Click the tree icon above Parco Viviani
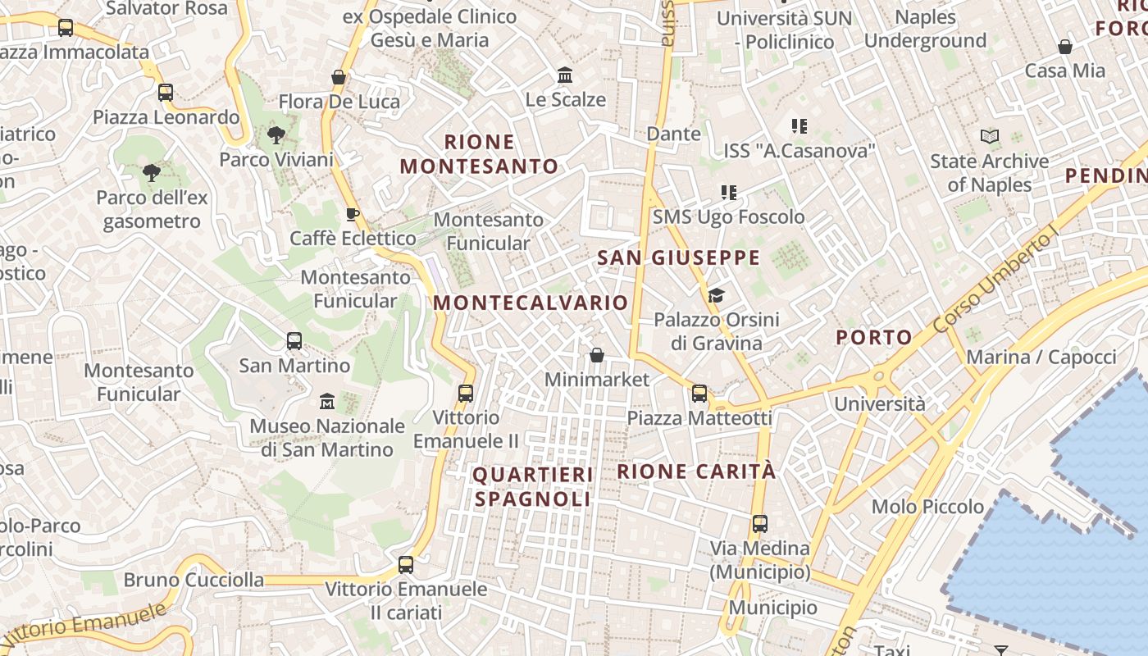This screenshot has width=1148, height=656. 276,135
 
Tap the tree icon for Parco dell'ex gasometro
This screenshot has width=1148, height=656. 151,173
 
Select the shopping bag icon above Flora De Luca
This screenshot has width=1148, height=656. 339,77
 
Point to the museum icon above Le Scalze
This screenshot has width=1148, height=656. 565,75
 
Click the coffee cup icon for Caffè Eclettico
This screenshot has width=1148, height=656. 353,215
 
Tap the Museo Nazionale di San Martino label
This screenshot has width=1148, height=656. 327,438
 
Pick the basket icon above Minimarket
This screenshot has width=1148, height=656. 597,355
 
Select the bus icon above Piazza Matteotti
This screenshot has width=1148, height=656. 699,394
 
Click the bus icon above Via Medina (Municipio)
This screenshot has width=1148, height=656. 760,523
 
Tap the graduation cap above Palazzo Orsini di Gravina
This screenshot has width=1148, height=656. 716,295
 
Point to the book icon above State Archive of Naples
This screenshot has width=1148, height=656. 990,137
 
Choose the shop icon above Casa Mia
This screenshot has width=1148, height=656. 1065,47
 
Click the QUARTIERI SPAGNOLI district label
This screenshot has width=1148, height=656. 533,486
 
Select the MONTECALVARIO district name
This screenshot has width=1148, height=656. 531,303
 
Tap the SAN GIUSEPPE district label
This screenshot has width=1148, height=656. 678,258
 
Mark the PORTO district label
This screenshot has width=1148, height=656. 874,337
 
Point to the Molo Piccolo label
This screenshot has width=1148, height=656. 927,507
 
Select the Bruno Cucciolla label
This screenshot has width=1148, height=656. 194,581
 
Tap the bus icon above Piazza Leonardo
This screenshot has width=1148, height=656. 166,93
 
